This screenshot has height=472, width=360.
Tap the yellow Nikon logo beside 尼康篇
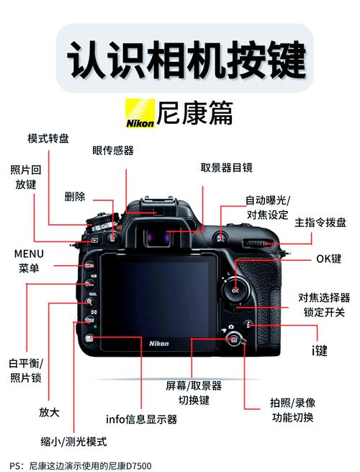(x=140, y=115)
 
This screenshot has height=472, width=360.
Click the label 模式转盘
(x=48, y=138)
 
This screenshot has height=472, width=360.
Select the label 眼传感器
(x=113, y=151)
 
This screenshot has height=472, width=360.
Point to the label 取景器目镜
(x=226, y=168)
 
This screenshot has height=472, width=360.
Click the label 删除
(x=74, y=196)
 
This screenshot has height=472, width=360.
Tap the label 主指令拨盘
(x=320, y=223)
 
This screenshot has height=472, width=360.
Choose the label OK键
(x=329, y=259)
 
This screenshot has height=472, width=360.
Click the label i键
(x=319, y=351)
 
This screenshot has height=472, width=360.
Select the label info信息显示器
(x=141, y=419)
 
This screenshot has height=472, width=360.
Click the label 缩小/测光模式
(x=73, y=441)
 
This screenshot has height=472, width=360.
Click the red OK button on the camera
(x=235, y=289)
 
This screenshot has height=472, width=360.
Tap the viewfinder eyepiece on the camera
(x=166, y=235)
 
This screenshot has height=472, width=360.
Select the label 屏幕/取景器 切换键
(x=193, y=393)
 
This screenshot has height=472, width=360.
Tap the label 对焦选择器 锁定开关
(x=324, y=305)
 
